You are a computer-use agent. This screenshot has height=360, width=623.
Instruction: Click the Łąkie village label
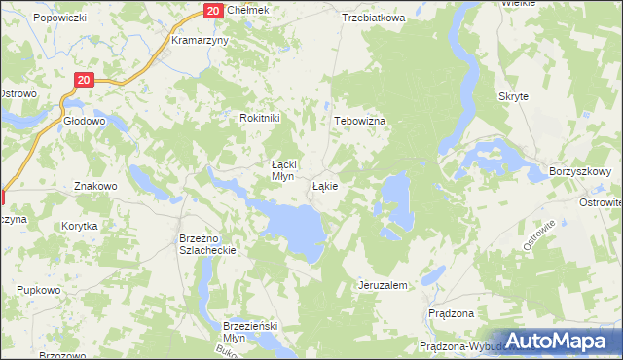coord(325,185)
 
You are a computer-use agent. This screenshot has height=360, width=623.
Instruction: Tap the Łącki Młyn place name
coord(282,170)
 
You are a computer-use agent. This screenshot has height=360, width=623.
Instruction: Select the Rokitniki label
coord(260,118)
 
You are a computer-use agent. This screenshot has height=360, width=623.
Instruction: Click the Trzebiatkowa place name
coord(373,18)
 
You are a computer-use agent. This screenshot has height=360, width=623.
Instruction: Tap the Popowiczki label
coord(59,18)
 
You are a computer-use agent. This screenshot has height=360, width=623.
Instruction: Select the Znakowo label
coord(95,185)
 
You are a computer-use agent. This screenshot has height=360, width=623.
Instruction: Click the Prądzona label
coord(451,313)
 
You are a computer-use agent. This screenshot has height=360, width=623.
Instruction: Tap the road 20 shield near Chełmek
coord(214,10)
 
